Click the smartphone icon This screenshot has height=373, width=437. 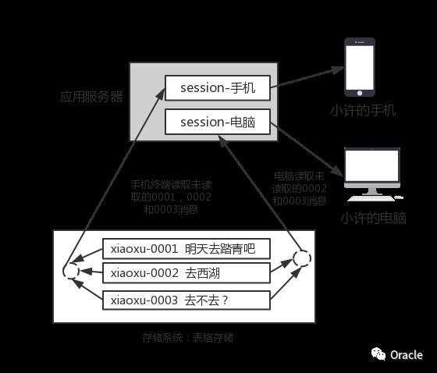[x=361, y=69]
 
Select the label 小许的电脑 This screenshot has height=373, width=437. [x=373, y=218]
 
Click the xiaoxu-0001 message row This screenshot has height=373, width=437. [x=187, y=250]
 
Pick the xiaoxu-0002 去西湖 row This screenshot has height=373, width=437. [x=187, y=272]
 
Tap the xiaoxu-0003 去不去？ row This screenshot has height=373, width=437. [x=187, y=300]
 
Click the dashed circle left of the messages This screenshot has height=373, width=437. [x=71, y=271]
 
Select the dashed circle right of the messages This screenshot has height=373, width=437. [x=301, y=258]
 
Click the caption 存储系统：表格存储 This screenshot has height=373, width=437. [x=188, y=338]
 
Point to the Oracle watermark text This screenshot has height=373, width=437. [x=406, y=354]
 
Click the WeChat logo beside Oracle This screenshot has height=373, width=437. [x=378, y=355]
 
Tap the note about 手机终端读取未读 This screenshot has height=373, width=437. [x=172, y=197]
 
